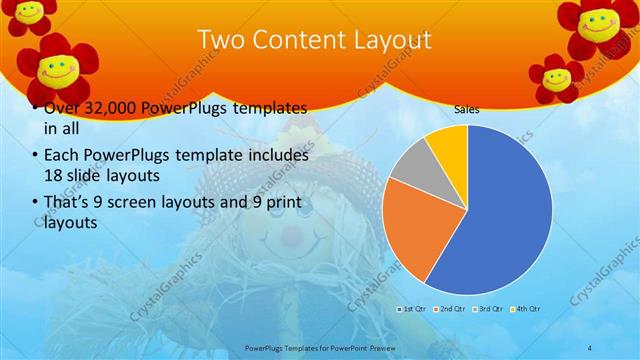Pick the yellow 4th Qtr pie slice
pos(449,146)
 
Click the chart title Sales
pos(466,109)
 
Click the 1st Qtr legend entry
pos(412,311)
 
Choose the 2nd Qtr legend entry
pos(449,311)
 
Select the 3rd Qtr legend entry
pos(487,311)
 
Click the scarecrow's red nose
pos(290,238)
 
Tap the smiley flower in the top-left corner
pos(30,12)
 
